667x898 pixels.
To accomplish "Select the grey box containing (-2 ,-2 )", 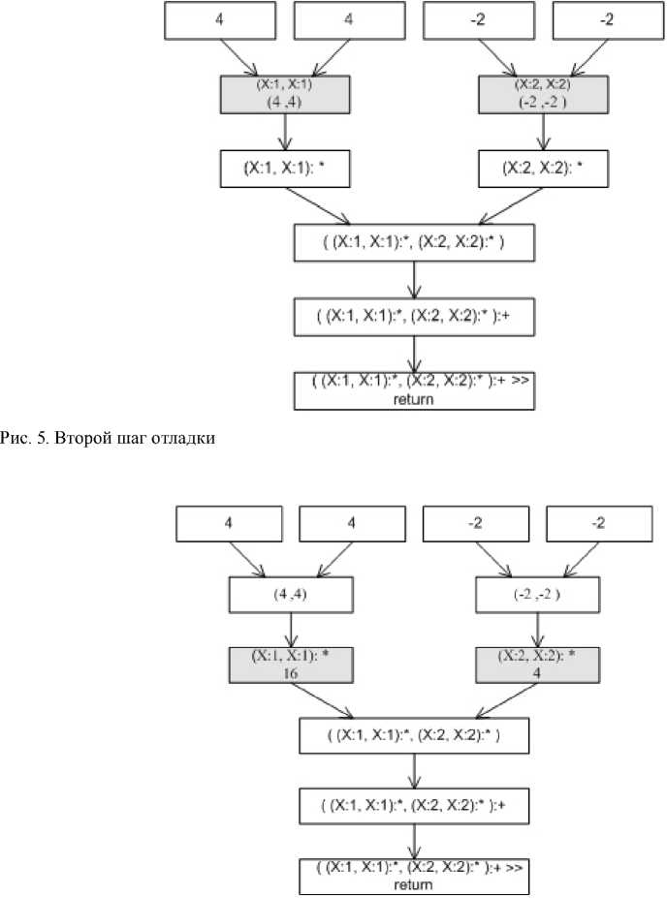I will [542, 95].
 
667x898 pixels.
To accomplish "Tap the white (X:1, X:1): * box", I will [282, 168].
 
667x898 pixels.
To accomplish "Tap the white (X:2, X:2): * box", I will [542, 168].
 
